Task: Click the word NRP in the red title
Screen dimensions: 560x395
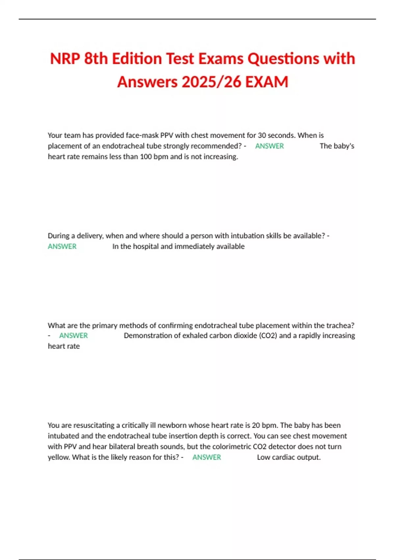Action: click(x=65, y=59)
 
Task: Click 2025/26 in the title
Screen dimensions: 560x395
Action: click(x=211, y=82)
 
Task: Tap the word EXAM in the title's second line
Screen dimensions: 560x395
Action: click(x=267, y=82)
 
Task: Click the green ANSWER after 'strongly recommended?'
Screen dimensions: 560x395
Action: click(x=269, y=146)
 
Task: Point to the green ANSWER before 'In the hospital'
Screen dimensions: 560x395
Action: click(x=62, y=246)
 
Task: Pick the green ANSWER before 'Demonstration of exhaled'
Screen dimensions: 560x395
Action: click(x=73, y=336)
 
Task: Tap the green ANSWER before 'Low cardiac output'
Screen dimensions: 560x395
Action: click(x=206, y=457)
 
